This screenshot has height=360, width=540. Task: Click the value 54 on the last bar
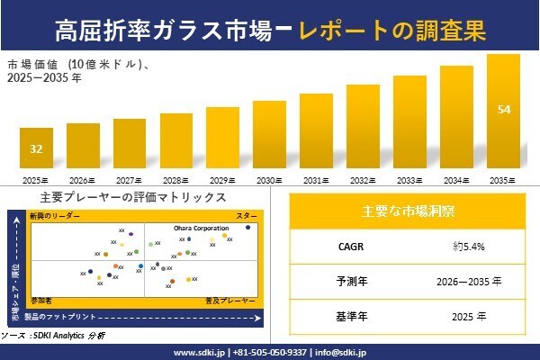(x=504, y=110)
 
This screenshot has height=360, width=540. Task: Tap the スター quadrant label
(x=247, y=217)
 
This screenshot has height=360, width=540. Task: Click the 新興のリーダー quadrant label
(x=55, y=217)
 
